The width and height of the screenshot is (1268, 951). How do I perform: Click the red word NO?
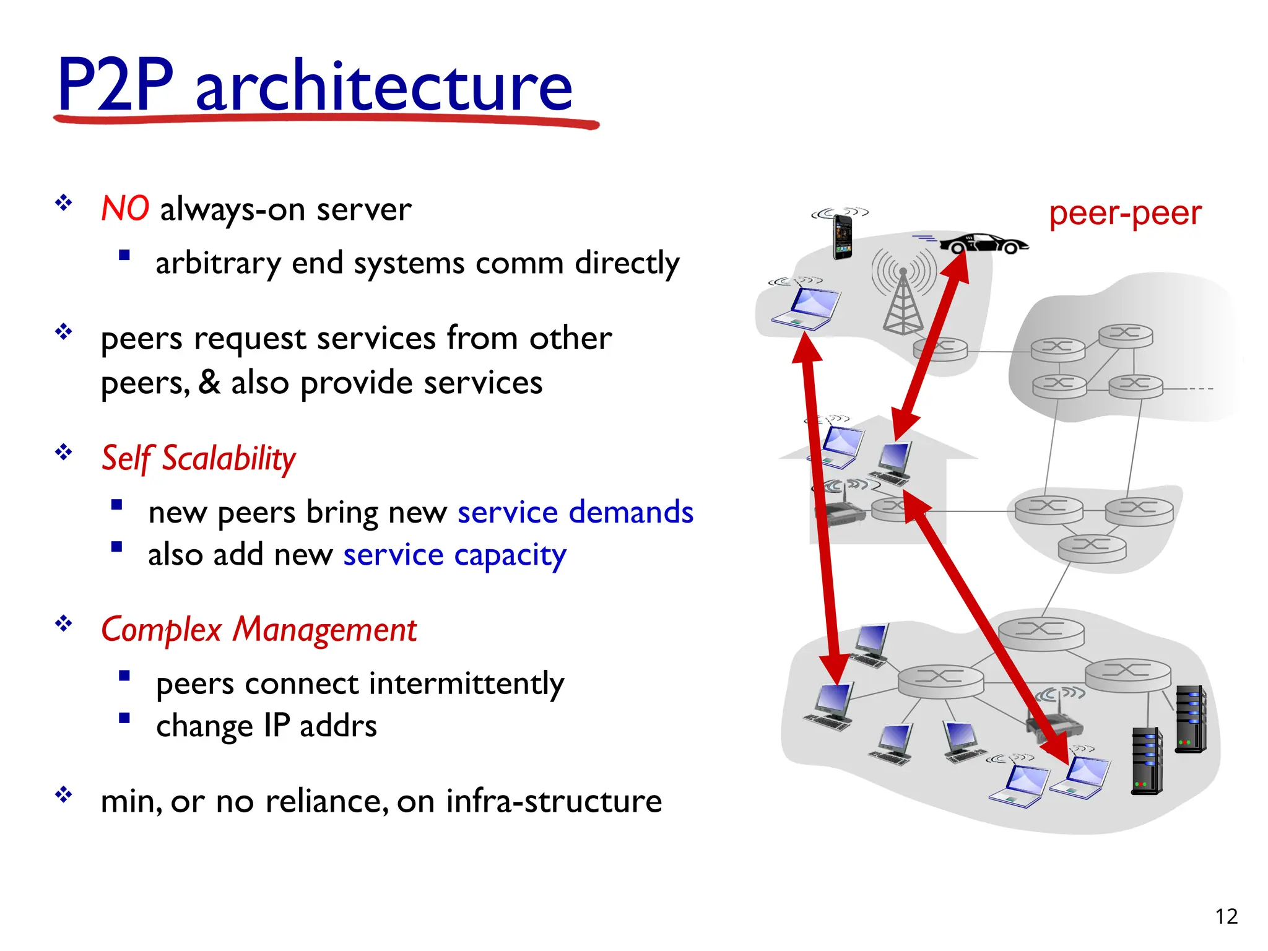125,209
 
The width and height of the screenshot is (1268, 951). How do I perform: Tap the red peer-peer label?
1125,214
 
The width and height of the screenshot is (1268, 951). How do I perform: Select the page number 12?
1226,916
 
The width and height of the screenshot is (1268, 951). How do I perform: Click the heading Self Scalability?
198,459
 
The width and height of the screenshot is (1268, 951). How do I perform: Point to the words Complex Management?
259,630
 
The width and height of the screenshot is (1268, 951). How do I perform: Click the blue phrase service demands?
575,513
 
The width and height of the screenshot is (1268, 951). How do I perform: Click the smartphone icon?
842,237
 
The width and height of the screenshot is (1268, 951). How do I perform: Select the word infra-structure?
554,801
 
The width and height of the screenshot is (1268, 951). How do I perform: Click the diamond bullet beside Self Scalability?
63,453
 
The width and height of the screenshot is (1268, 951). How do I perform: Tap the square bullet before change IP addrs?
124,718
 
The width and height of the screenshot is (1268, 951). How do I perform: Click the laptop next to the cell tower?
805,308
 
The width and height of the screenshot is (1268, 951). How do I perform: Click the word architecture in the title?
384,87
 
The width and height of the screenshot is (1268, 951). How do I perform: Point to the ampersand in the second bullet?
209,383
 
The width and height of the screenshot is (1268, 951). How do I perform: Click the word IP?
276,726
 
